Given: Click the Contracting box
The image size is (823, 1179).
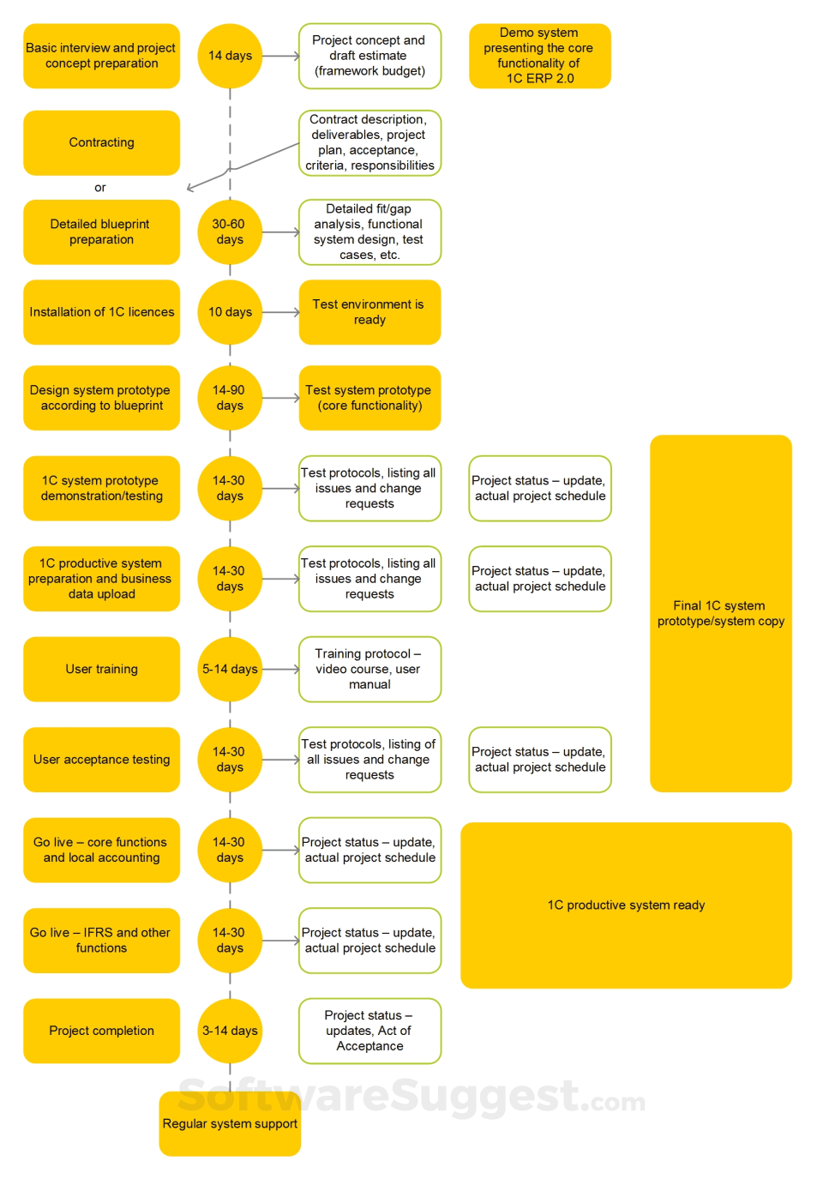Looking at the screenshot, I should (x=101, y=142).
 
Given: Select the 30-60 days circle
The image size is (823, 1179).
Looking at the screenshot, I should (x=230, y=232).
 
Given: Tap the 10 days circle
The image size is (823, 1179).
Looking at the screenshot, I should (x=230, y=312).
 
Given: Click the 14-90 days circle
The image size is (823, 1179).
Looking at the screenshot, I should (x=230, y=398).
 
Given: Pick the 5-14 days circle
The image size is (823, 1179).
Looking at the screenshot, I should (x=230, y=669).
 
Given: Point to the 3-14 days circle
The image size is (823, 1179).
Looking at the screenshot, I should (x=230, y=1031).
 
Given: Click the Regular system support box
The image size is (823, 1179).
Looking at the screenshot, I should (x=230, y=1123).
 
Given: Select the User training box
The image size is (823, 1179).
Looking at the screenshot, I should (x=101, y=669).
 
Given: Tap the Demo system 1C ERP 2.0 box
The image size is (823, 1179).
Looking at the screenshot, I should (x=539, y=56).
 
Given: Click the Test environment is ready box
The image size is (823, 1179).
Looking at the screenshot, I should (x=369, y=312).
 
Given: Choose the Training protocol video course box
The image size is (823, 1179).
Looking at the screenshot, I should (x=369, y=669).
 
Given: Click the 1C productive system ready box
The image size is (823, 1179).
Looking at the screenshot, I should (x=626, y=905).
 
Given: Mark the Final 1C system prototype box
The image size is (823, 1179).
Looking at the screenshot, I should (x=720, y=613).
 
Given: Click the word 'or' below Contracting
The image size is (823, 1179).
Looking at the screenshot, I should (x=100, y=187).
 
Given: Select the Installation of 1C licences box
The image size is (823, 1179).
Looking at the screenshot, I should (x=101, y=312).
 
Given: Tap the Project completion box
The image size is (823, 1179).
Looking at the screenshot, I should (x=101, y=1031).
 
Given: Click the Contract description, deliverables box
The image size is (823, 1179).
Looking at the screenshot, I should (x=369, y=142).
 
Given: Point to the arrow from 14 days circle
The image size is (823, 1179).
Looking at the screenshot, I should (x=281, y=56).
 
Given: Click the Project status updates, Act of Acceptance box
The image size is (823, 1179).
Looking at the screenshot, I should (x=369, y=1031).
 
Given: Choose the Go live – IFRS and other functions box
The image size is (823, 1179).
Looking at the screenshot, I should (x=101, y=941).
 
